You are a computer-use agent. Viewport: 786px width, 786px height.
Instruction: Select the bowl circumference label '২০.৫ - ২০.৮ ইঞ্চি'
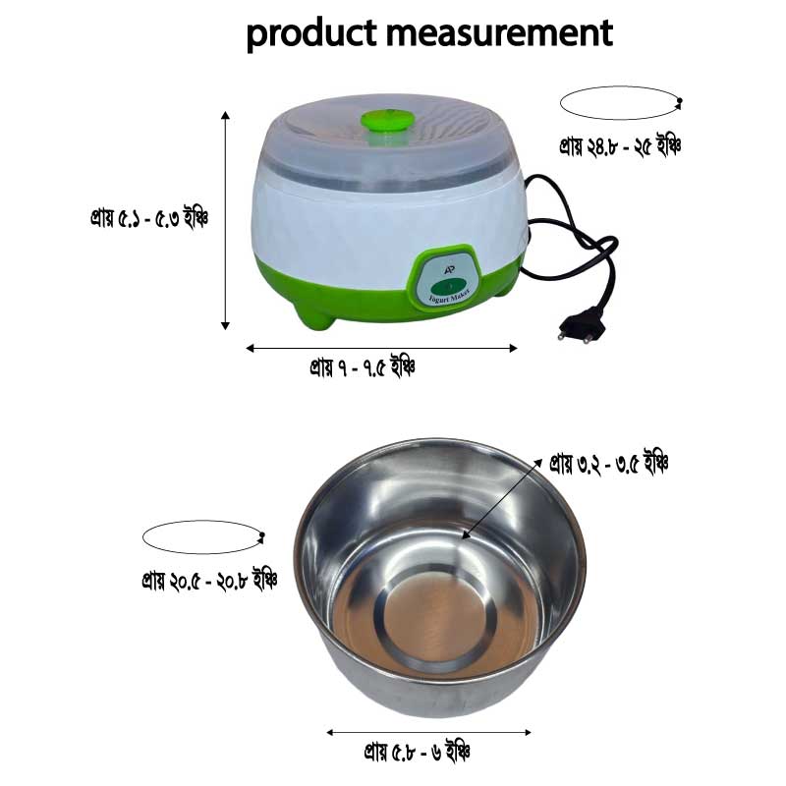(x=208, y=579)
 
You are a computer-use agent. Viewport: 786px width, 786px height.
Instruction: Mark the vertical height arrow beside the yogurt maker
(x=226, y=221)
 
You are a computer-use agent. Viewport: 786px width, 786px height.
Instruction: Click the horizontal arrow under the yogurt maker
(x=381, y=347)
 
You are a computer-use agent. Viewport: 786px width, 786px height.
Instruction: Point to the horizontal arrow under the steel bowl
(x=428, y=732)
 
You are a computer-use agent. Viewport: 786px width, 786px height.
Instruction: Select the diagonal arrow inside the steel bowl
(x=500, y=498)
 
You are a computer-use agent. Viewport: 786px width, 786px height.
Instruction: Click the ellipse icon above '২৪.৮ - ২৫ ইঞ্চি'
(x=620, y=103)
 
